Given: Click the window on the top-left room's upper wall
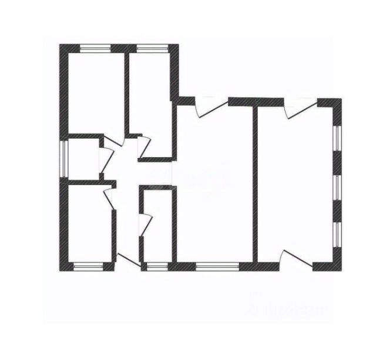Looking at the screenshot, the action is click(96, 48).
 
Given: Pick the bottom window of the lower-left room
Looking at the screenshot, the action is click(88, 266).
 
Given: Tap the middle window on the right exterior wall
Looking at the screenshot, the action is click(337, 189).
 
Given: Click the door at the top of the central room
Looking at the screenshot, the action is click(211, 106).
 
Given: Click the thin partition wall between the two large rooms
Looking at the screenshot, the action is click(255, 182).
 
